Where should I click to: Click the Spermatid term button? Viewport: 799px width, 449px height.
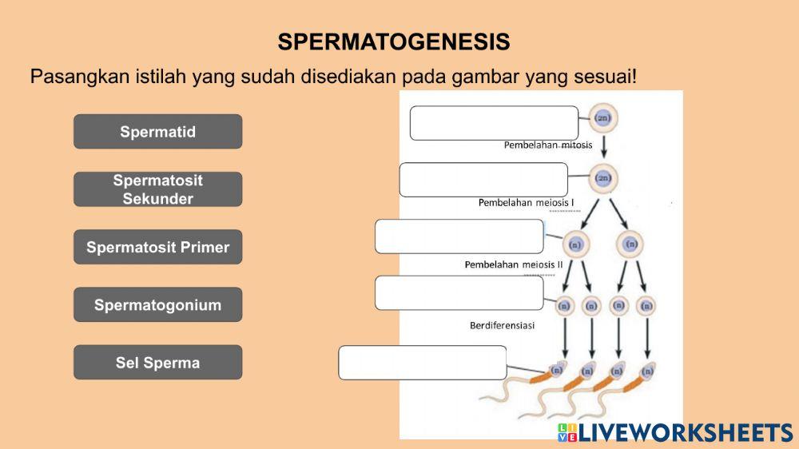pyautogui.click(x=157, y=131)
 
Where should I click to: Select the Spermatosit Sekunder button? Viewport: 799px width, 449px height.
pyautogui.click(x=157, y=189)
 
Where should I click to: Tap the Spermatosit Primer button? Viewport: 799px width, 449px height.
pyautogui.click(x=157, y=247)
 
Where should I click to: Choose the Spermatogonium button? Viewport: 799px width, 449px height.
pyautogui.click(x=157, y=304)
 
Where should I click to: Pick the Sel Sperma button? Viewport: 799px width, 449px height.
pyautogui.click(x=157, y=362)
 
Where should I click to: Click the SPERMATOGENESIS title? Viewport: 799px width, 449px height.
pyautogui.click(x=394, y=42)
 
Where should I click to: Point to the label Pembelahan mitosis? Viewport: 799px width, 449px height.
pyautogui.click(x=548, y=145)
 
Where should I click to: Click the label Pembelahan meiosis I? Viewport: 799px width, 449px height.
pyautogui.click(x=527, y=202)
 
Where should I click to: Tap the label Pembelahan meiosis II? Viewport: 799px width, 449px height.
pyautogui.click(x=514, y=264)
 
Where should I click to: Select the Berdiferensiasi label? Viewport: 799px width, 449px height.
pyautogui.click(x=502, y=325)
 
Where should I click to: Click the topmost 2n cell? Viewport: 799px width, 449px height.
pyautogui.click(x=603, y=118)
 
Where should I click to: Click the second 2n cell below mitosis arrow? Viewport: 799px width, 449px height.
pyautogui.click(x=603, y=177)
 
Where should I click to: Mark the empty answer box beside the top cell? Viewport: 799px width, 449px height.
pyautogui.click(x=494, y=123)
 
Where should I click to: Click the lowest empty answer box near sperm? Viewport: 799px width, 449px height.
pyautogui.click(x=422, y=363)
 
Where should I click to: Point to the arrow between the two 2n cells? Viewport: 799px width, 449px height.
pyautogui.click(x=603, y=147)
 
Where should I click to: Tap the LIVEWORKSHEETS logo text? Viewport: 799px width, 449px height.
pyautogui.click(x=684, y=432)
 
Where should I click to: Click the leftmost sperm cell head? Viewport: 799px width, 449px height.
pyautogui.click(x=558, y=370)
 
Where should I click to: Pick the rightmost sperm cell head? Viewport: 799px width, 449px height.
pyautogui.click(x=648, y=370)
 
